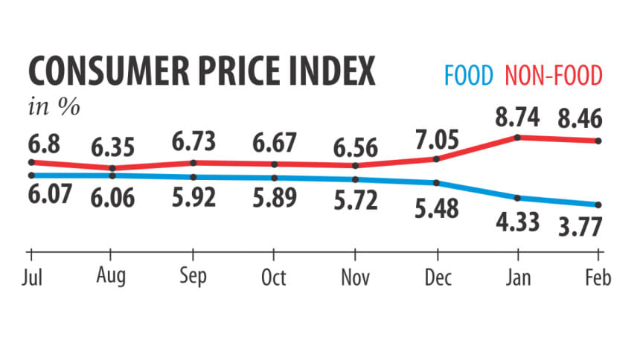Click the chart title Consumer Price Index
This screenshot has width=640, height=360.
(x=202, y=73)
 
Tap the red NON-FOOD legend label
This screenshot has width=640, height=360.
(x=554, y=74)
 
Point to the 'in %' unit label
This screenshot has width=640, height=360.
(x=54, y=106)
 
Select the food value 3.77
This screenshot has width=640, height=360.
(x=586, y=224)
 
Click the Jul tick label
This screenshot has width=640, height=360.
(x=31, y=277)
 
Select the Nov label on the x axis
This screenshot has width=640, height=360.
(x=355, y=277)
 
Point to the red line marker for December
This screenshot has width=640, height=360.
(x=436, y=158)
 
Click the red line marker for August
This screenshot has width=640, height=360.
(x=112, y=168)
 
